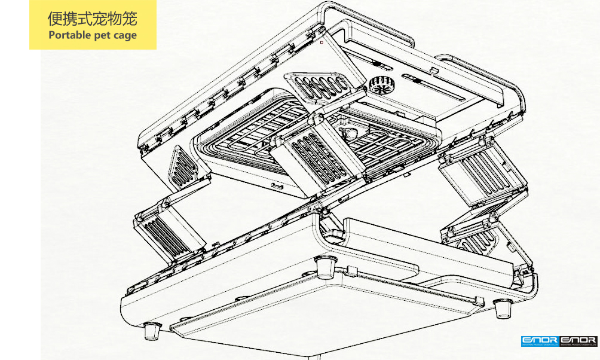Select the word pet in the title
(100, 35)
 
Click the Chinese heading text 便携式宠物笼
(92, 19)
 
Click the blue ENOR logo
(539, 341)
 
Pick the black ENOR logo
(578, 341)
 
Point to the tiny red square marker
(322, 42)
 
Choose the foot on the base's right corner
(503, 307)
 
